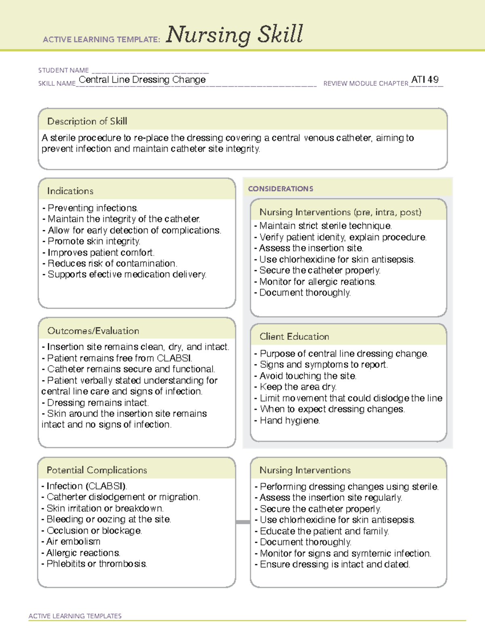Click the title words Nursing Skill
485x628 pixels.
[234, 35]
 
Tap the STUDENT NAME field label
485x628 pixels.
[63, 70]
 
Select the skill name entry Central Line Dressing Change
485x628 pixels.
[142, 80]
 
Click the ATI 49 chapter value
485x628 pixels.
[425, 80]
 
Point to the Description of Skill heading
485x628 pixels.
[87, 121]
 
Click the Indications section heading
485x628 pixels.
[70, 191]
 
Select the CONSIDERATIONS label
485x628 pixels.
[280, 189]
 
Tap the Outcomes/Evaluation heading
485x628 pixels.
[93, 331]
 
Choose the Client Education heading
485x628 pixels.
[294, 336]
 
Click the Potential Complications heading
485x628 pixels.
[97, 470]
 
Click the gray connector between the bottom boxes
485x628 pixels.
[243, 522]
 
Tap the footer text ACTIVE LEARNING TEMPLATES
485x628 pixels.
[75, 616]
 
